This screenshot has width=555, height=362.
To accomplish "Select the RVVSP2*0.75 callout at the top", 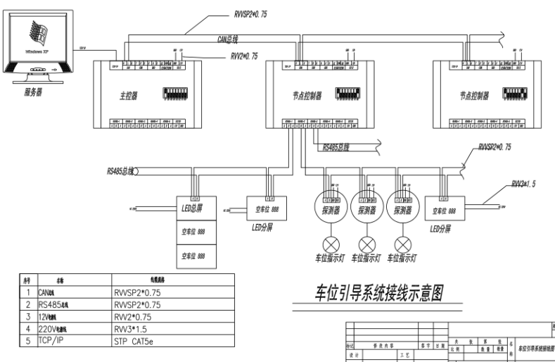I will point(260,13).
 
